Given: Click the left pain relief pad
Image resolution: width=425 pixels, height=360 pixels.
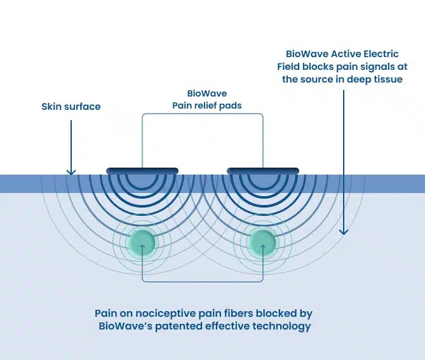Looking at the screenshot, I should tap(142, 170).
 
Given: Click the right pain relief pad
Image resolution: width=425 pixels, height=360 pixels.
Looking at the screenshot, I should tap(263, 170).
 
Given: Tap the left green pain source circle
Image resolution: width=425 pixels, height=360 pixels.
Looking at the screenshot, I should tap(142, 242).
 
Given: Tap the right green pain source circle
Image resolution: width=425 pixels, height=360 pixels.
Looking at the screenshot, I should tap(262, 242).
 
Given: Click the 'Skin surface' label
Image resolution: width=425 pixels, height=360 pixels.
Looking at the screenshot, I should tap(71, 107).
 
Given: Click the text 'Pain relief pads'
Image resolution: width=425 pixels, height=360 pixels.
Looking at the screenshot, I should tap(207, 105).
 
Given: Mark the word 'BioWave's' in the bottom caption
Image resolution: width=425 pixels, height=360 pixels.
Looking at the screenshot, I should tap(126, 326).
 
